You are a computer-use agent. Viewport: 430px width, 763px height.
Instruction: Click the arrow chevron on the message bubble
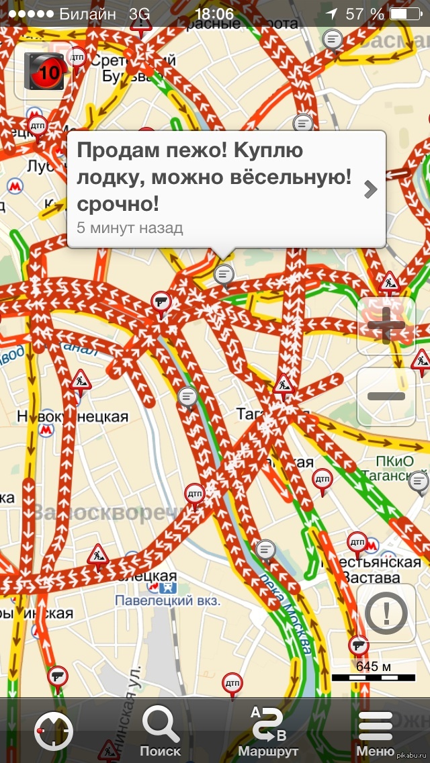point(370,190)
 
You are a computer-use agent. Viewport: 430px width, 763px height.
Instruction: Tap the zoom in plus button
point(386,326)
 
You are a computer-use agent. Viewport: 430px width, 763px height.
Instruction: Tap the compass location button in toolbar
point(53,731)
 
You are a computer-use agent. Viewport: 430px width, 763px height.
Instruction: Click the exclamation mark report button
point(385,613)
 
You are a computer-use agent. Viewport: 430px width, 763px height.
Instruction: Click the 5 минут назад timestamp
point(130,228)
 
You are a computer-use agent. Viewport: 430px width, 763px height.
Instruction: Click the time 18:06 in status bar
point(214,13)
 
